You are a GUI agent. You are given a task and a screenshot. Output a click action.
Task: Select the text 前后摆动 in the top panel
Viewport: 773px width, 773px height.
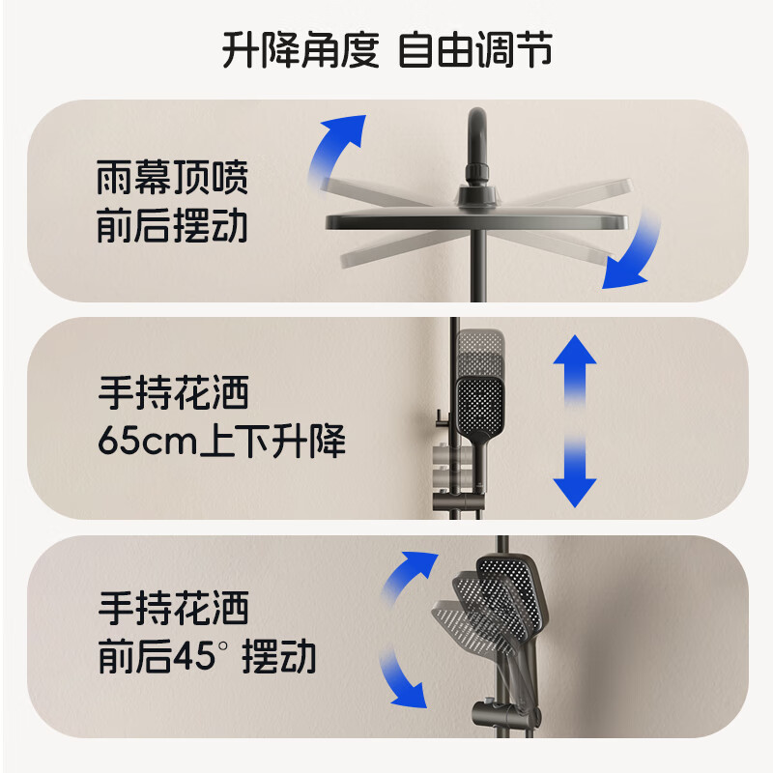click(x=173, y=227)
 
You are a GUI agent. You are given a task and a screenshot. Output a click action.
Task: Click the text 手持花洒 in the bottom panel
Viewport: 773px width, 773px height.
click(x=173, y=609)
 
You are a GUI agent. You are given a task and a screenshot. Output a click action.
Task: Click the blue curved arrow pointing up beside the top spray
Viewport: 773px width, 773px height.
click(x=340, y=146)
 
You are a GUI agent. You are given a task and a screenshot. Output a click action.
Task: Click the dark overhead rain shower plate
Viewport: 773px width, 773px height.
click(x=473, y=218)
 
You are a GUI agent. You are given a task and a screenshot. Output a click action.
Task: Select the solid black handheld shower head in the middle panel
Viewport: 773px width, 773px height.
click(x=480, y=406)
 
